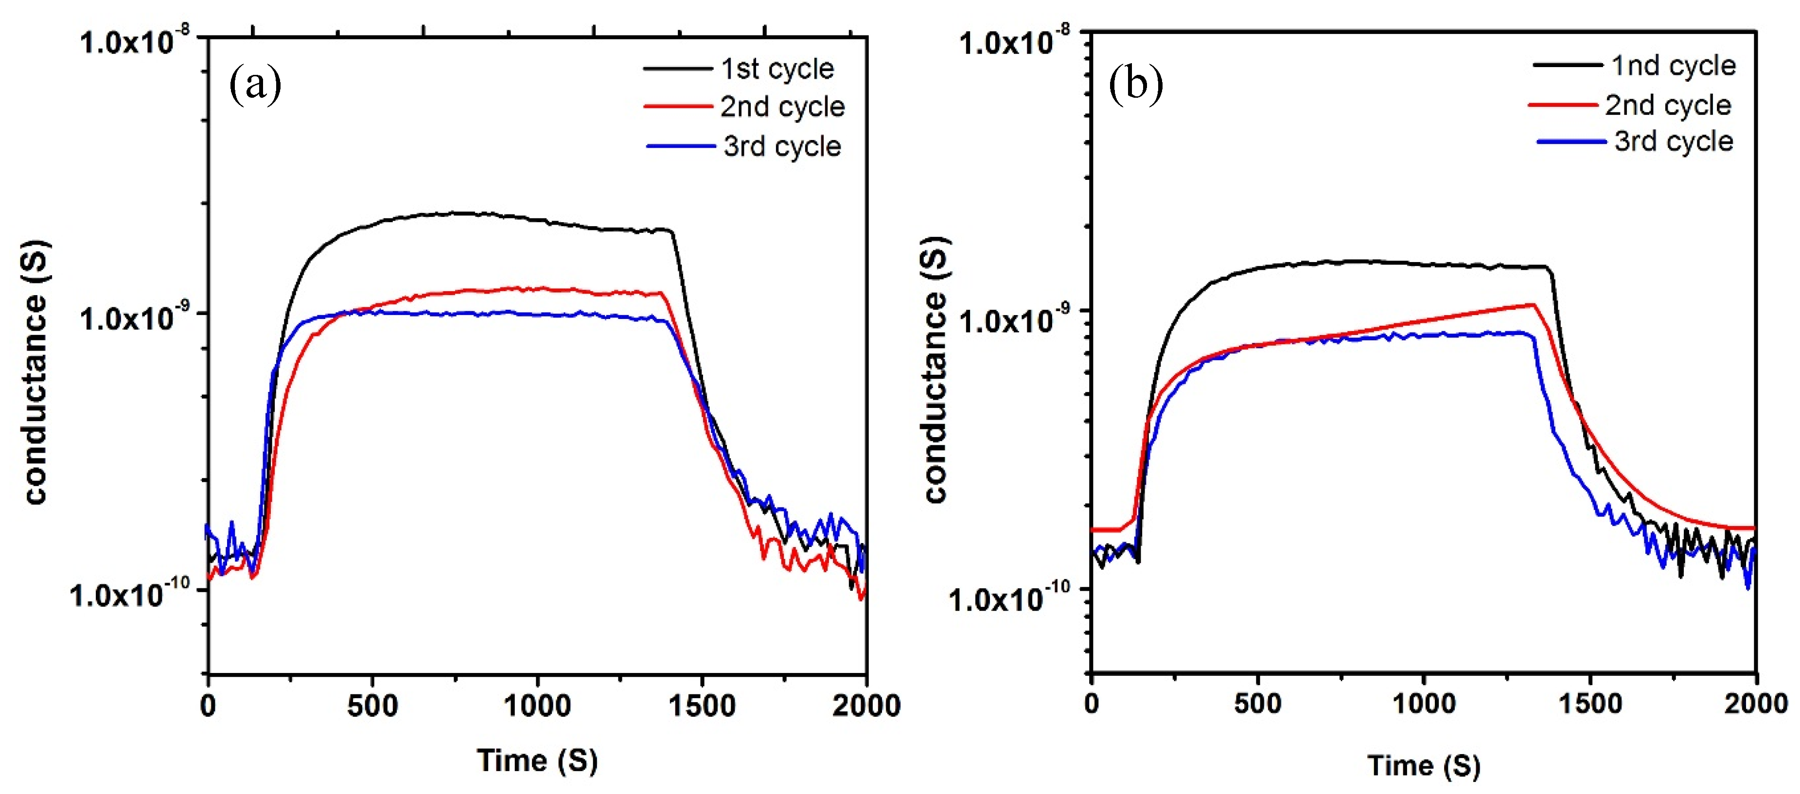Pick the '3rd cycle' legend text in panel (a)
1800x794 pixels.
tap(783, 146)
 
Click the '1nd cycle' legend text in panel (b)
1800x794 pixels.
tap(1674, 66)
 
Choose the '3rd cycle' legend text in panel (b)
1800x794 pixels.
tap(1674, 141)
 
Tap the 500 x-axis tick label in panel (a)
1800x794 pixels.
tap(372, 706)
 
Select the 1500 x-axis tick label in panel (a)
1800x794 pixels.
tap(702, 706)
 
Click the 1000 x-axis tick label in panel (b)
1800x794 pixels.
tap(1424, 703)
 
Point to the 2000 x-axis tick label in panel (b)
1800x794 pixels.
tap(1755, 703)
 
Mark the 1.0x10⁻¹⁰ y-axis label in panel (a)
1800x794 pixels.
tap(129, 594)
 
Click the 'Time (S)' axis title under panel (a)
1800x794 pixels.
tap(537, 760)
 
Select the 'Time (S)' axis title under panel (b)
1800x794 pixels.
tap(1424, 765)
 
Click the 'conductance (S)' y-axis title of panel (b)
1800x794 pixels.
tap(935, 371)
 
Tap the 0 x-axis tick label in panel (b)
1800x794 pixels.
tap(1092, 703)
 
